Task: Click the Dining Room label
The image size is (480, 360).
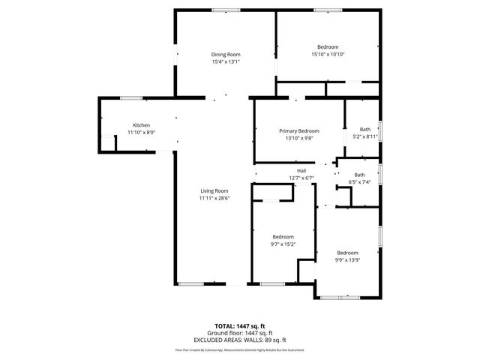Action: tap(225, 55)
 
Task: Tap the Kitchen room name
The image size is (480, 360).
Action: tap(142, 124)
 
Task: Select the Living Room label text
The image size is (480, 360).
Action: tap(214, 191)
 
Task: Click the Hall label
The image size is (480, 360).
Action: tap(301, 171)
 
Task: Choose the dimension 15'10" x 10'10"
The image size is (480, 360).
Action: tap(328, 54)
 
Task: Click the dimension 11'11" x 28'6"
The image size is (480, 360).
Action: tap(214, 199)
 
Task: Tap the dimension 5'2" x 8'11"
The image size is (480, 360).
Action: tap(364, 136)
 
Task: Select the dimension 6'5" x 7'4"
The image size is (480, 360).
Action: tap(360, 182)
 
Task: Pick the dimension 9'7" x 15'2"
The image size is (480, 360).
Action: tap(283, 244)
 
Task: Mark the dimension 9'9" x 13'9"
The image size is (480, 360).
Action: tap(347, 259)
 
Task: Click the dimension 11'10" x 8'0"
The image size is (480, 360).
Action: tap(141, 132)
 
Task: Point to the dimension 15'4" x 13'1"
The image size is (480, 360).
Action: tap(225, 62)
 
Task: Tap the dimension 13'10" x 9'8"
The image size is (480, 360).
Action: tap(299, 138)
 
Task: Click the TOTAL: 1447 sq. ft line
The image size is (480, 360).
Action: tap(240, 326)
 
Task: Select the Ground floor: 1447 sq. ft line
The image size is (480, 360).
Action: tap(240, 333)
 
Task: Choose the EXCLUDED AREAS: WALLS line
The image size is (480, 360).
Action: tap(240, 340)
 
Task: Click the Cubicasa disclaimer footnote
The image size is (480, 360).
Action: tap(240, 350)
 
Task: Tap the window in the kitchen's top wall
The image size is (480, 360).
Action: tap(132, 97)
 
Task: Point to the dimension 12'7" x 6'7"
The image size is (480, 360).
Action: tap(301, 178)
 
